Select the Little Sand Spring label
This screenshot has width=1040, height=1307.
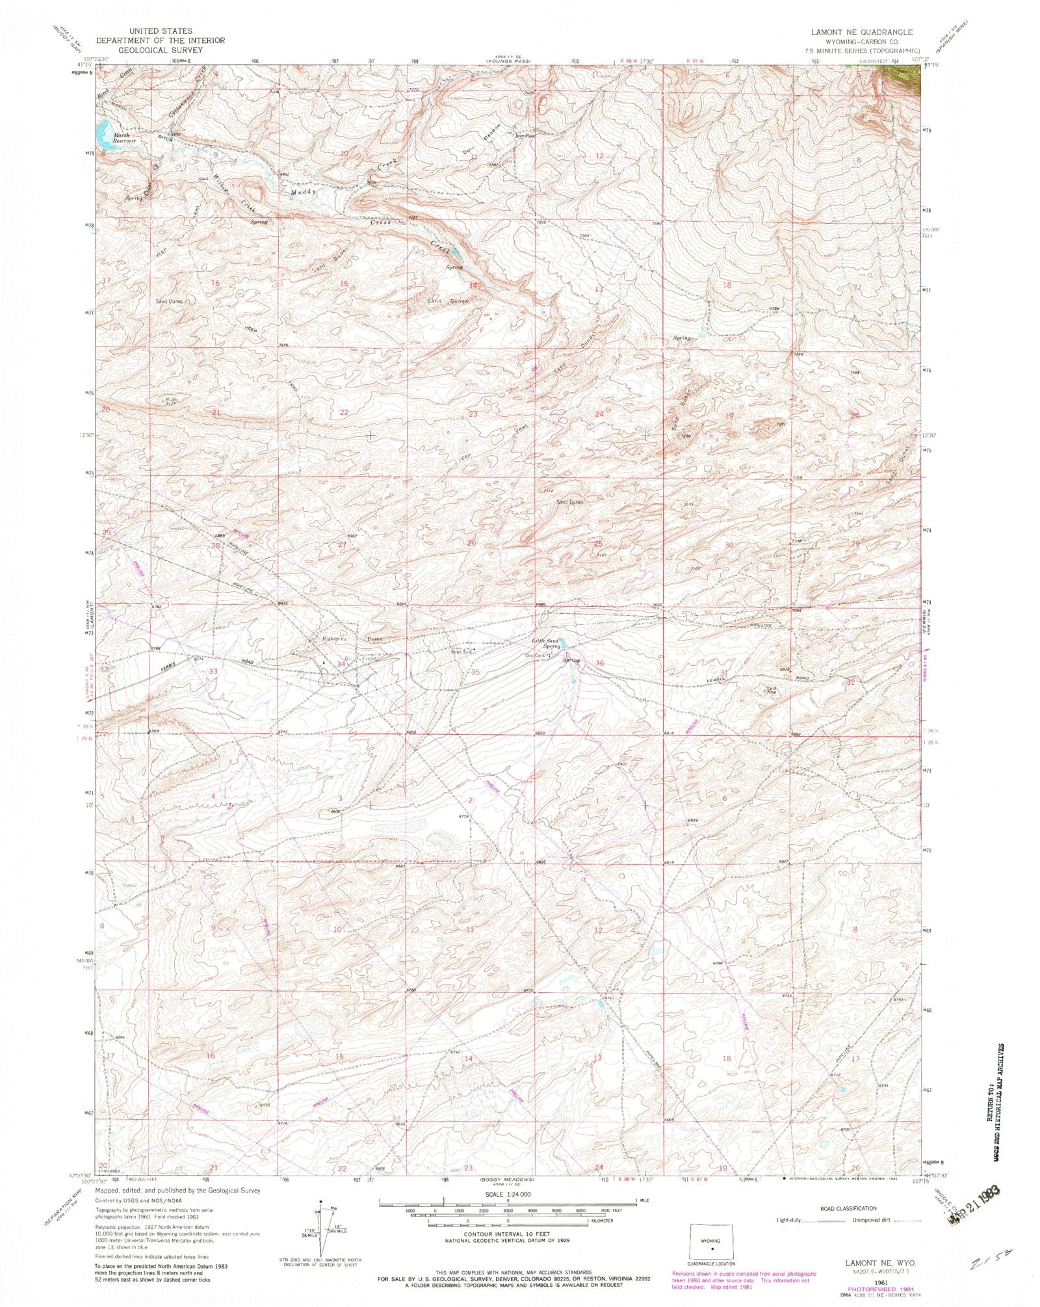545,643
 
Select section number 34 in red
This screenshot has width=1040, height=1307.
341,664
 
